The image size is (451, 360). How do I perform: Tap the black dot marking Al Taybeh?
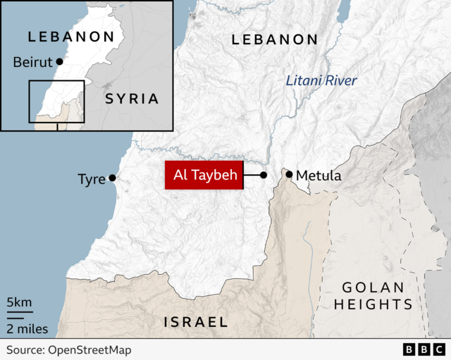coord(263,175)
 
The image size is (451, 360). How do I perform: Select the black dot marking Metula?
coord(289,174)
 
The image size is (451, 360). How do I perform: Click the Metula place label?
coord(319,175)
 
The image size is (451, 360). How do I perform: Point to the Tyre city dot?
coord(112,178)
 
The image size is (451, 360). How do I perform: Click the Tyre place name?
coord(92,179)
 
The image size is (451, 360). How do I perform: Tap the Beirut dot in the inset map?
coord(59,62)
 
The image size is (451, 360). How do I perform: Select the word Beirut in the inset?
coord(33,63)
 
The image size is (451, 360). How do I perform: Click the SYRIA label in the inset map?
coord(132,99)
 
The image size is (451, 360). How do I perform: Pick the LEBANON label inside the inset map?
coord(70,37)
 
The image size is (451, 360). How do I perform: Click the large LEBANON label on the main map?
coord(275,40)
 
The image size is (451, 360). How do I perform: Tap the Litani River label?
coord(321,81)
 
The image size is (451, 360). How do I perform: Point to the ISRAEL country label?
coord(196,322)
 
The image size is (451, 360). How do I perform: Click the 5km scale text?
coord(19,303)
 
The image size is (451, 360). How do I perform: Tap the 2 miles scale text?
coord(27,328)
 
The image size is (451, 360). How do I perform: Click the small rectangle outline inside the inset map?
coord(56,101)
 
